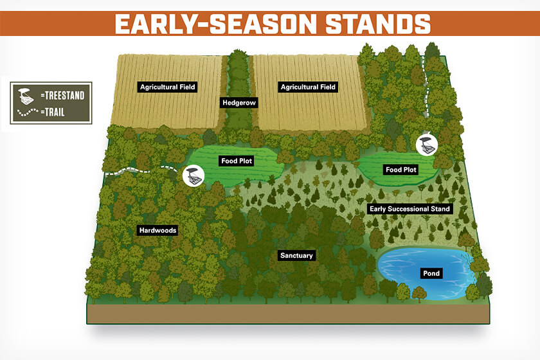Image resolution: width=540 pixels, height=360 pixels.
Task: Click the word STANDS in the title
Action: point(378,24)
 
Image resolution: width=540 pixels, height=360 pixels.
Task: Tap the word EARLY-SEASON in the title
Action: point(215,24)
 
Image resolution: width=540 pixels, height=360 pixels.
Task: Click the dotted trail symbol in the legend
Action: point(28,112)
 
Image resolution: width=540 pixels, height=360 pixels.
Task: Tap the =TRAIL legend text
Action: point(53,112)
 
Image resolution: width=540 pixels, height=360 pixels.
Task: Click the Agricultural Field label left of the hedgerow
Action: point(168,87)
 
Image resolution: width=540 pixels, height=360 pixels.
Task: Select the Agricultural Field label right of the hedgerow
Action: point(308,87)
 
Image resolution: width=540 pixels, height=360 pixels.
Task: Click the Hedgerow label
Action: point(239,102)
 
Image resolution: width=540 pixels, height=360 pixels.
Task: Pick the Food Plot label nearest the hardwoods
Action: point(237,161)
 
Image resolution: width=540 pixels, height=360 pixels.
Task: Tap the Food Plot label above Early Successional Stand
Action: point(401,170)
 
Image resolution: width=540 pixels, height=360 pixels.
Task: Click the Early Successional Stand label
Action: point(410,209)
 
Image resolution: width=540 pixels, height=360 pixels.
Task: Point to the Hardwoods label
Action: point(157,230)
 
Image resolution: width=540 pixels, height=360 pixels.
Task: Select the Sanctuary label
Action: point(296,255)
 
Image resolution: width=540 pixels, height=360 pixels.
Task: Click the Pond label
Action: point(431,273)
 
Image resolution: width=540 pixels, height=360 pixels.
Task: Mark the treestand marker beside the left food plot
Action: point(194,175)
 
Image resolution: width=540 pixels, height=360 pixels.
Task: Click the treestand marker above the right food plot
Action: point(427,145)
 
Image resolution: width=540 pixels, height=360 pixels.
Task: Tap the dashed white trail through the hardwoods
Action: point(141,170)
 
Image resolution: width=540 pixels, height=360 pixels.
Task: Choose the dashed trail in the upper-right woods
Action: point(426,87)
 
